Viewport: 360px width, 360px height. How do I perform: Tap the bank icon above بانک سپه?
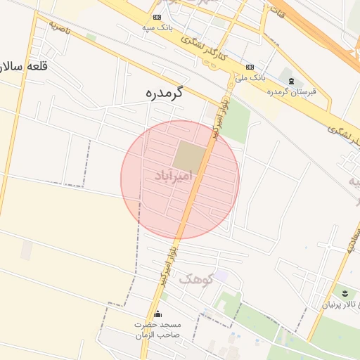(x=156, y=17)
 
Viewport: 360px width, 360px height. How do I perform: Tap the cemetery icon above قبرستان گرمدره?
(x=292, y=80)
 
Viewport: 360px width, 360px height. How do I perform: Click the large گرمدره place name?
(x=164, y=92)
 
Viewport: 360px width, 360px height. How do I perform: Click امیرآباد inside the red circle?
(x=173, y=176)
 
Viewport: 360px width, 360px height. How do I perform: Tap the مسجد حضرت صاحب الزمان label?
(x=157, y=329)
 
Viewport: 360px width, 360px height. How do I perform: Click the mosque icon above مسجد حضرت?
(x=157, y=314)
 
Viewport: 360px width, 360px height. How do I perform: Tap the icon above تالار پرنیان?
(x=345, y=292)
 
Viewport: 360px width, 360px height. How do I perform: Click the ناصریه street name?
(x=60, y=28)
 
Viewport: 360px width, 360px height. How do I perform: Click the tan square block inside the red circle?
(x=189, y=155)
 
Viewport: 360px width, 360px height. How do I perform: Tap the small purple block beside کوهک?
(x=221, y=276)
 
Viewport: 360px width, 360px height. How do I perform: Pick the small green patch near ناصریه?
(x=91, y=37)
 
